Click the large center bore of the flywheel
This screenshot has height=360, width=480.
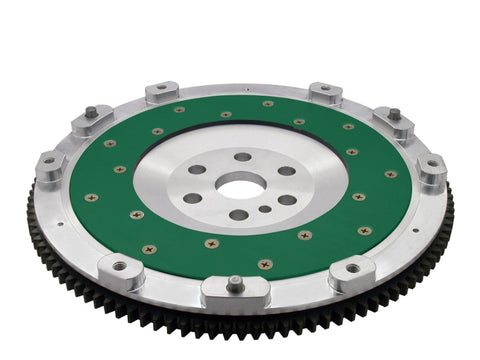[x=241, y=184]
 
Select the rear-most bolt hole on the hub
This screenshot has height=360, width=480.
[x=243, y=157]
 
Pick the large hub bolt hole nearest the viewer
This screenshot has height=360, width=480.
[x=238, y=215]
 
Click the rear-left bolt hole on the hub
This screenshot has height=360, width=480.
[x=197, y=170]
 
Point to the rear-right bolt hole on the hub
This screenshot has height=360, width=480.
[x=286, y=171]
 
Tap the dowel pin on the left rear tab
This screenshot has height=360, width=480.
[x=91, y=111]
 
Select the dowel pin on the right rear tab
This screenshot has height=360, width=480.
[x=394, y=113]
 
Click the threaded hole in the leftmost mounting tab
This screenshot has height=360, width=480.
[x=48, y=160]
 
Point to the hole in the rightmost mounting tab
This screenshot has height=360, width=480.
[x=432, y=163]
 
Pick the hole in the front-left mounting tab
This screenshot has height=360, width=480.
[x=121, y=267]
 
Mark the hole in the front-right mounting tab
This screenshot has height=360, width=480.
[x=354, y=268]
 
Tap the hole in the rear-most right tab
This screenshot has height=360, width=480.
[x=325, y=90]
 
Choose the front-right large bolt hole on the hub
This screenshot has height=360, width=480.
[x=288, y=200]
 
